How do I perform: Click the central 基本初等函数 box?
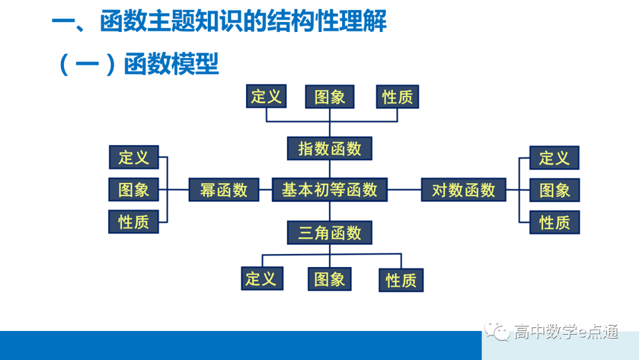(x=329, y=190)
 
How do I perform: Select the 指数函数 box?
(x=329, y=149)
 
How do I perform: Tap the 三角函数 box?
(x=329, y=233)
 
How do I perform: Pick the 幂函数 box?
(x=224, y=190)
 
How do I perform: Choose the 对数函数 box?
(x=463, y=190)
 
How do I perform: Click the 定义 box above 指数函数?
(x=266, y=97)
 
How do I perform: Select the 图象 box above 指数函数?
(x=330, y=97)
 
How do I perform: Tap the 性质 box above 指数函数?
(x=397, y=97)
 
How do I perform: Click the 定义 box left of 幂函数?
(x=134, y=157)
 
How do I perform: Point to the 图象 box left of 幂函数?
(x=134, y=189)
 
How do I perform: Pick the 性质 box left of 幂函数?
(x=134, y=222)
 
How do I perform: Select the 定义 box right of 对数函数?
(x=554, y=158)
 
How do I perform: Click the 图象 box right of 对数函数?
(x=554, y=190)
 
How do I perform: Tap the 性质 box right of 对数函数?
(x=554, y=222)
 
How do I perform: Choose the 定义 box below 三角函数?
(x=262, y=278)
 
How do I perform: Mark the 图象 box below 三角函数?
(x=330, y=279)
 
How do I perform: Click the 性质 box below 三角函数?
(x=401, y=279)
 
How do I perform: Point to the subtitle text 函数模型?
(x=172, y=63)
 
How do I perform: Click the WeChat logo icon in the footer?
(x=497, y=332)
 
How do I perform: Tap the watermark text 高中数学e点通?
(x=566, y=332)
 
